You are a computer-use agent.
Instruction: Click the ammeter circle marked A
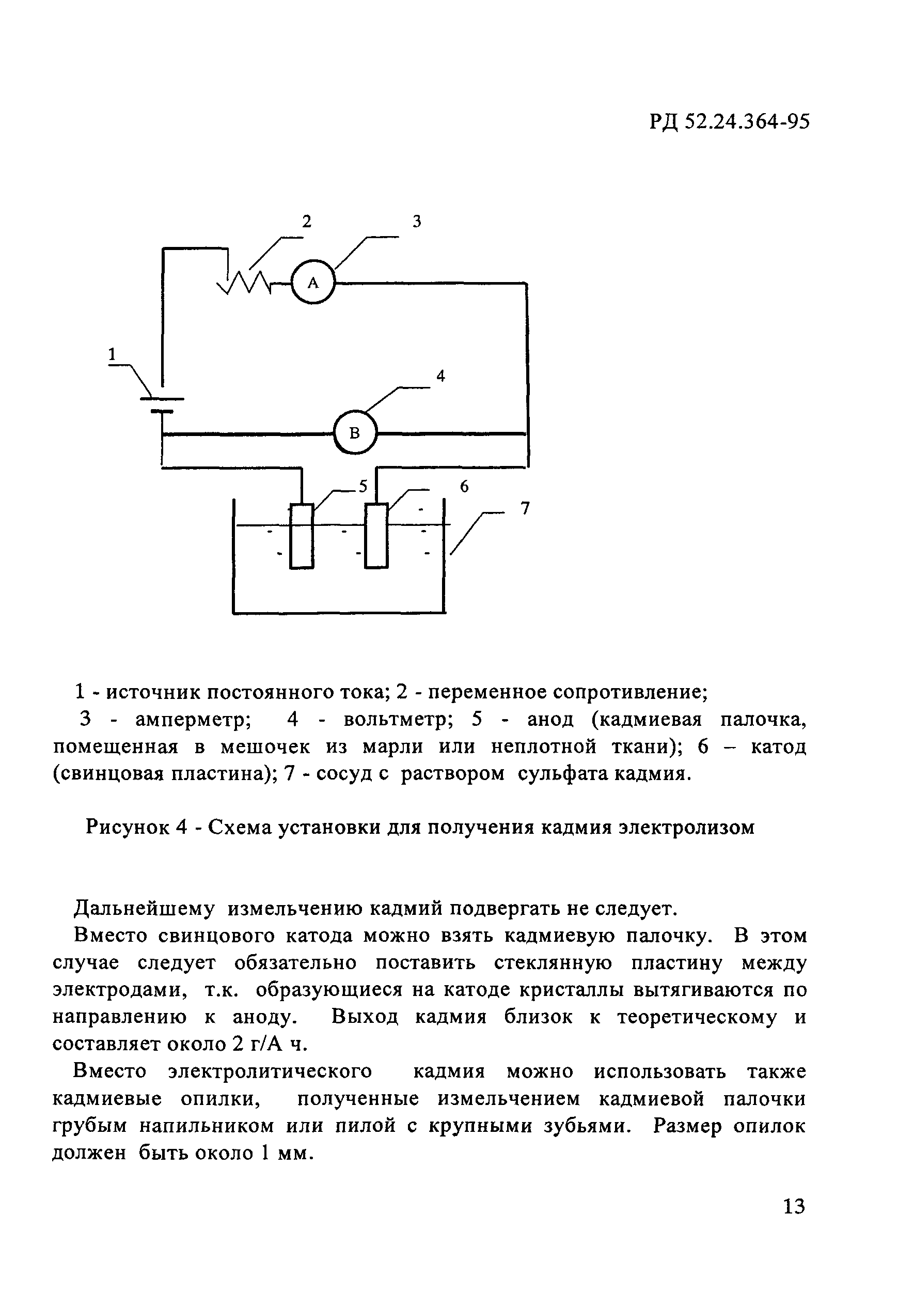click(313, 283)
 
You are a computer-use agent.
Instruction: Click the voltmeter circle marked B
click(354, 433)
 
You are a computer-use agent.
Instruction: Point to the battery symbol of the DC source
click(162, 404)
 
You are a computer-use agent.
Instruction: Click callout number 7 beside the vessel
click(525, 509)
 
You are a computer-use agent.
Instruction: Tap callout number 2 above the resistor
click(306, 222)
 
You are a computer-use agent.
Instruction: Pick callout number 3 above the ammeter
click(416, 222)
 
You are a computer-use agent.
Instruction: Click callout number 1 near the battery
click(112, 354)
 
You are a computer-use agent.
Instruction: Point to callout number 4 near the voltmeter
click(440, 376)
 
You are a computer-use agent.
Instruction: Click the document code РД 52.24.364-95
click(729, 121)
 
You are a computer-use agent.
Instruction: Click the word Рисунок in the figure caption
click(126, 828)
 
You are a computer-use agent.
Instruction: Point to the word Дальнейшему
click(145, 909)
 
